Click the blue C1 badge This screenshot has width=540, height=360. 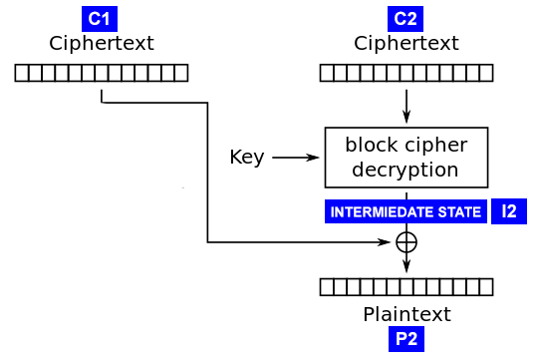[101, 19]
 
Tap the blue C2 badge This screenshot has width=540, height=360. [405, 19]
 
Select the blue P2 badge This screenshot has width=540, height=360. [405, 339]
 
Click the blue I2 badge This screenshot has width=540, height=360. [508, 211]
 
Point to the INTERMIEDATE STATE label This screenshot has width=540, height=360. [405, 212]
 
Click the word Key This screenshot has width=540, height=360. [247, 158]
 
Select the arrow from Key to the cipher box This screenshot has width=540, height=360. [297, 158]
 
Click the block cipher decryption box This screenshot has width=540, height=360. [405, 157]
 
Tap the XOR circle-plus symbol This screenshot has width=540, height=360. [406, 241]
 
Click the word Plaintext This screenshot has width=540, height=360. [405, 314]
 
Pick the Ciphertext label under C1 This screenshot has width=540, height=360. [101, 44]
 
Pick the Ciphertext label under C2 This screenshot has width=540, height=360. [405, 44]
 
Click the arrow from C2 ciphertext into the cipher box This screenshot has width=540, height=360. [406, 105]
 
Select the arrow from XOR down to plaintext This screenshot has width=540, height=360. [406, 262]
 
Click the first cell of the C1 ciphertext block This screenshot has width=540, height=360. [21, 72]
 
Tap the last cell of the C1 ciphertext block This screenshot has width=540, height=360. [180, 72]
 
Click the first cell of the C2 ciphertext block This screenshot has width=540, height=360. [327, 72]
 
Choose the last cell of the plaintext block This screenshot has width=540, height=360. [485, 287]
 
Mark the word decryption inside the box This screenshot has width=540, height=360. [405, 169]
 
